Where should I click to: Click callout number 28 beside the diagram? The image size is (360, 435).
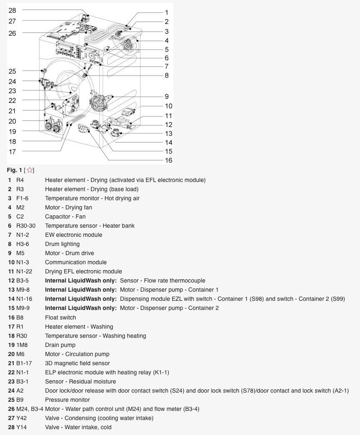(x=12, y=10)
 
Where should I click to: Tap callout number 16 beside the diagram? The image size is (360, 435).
(x=168, y=160)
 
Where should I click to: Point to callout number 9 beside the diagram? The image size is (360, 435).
(x=167, y=96)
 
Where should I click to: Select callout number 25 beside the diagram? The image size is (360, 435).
(x=12, y=71)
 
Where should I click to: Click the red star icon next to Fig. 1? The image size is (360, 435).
(x=30, y=170)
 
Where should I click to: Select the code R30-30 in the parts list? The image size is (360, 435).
(x=26, y=226)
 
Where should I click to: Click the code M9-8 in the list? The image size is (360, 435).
(x=23, y=290)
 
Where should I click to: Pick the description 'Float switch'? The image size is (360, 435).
(x=61, y=318)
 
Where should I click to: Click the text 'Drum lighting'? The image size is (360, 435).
(x=62, y=244)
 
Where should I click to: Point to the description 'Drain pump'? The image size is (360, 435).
(x=60, y=345)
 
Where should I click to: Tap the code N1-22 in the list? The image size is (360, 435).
(x=24, y=272)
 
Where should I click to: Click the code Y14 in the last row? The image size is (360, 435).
(x=21, y=428)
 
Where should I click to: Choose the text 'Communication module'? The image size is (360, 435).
(x=76, y=263)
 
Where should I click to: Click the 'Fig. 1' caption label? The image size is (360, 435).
(x=15, y=170)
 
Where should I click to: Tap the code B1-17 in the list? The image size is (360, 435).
(x=24, y=364)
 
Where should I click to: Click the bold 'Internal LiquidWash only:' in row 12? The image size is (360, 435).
(x=81, y=281)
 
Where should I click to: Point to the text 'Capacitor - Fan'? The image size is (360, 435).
(x=65, y=216)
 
